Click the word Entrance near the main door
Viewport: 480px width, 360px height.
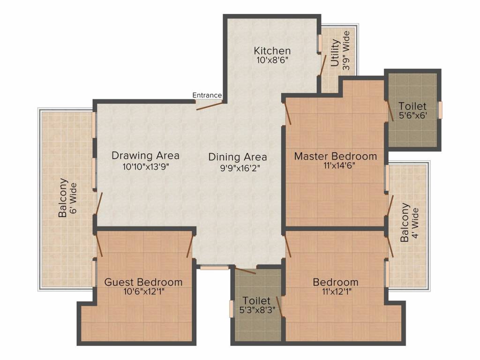click(207, 95)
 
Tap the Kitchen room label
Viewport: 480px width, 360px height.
click(272, 51)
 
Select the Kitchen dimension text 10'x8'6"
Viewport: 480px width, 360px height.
click(272, 60)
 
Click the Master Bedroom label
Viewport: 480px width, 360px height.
click(335, 156)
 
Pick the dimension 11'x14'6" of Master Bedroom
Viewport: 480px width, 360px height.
click(335, 165)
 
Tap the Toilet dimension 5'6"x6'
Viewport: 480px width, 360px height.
click(412, 115)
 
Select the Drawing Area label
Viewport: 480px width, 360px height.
click(145, 156)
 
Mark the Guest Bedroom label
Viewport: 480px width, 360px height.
click(143, 282)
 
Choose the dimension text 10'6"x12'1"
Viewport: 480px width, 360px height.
click(143, 291)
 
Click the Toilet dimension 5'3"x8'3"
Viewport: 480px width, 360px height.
click(256, 310)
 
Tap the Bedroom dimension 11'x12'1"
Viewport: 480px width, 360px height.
click(336, 291)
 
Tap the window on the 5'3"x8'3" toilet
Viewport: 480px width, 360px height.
click(232, 309)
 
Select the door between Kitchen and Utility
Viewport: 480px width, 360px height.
click(321, 64)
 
